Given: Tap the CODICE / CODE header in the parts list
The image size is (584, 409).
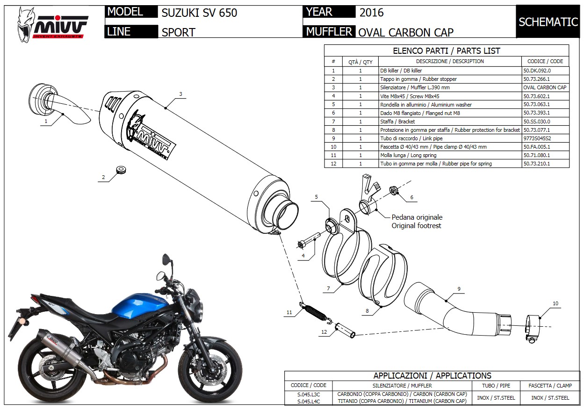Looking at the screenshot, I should coord(545,61).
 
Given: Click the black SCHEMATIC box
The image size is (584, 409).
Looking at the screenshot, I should coord(548,22).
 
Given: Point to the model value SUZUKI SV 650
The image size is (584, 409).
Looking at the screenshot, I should coord(199,13).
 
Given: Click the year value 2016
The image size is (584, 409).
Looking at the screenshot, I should coord(371,13).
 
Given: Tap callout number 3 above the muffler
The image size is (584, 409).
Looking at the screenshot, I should coord(180,94).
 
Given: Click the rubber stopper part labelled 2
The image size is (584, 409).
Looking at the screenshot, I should coord(121,169).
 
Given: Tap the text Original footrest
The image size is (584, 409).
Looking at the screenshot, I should coord(416,226).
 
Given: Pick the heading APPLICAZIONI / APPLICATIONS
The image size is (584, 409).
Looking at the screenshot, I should coord(432,376).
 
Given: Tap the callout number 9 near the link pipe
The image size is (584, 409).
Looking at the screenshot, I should coord(459,289).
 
